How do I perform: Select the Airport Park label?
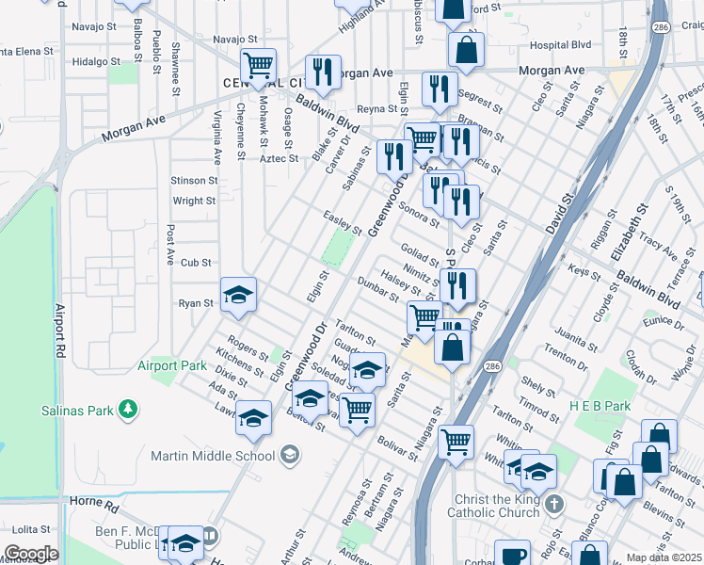pos(171,365)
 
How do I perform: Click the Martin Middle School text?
pos(213,457)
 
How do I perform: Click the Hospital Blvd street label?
pos(560,44)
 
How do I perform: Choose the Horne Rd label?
pos(98,506)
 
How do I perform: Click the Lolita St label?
pos(30,531)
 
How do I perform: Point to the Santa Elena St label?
pos(28,51)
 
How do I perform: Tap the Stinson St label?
pos(194,179)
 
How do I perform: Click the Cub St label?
pos(196,263)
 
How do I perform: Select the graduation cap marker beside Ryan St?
pos(239,296)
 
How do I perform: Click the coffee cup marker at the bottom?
pos(513,556)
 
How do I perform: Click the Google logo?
pos(31,554)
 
